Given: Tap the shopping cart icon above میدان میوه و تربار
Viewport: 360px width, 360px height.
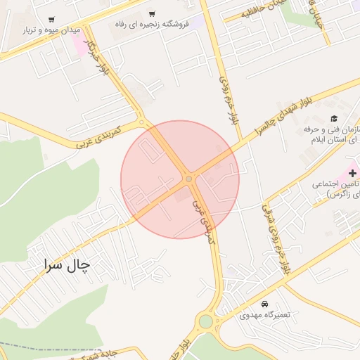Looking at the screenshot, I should click(51, 20).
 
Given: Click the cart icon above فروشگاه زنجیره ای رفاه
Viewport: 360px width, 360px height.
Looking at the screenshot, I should click(152, 14).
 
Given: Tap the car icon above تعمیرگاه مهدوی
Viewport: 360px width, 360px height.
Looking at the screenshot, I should click(264, 304).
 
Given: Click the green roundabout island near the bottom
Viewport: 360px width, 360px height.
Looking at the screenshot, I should click(205, 321).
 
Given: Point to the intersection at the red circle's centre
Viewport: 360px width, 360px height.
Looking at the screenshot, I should click(188, 179).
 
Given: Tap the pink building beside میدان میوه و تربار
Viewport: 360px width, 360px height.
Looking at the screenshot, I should click(79, 41).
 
